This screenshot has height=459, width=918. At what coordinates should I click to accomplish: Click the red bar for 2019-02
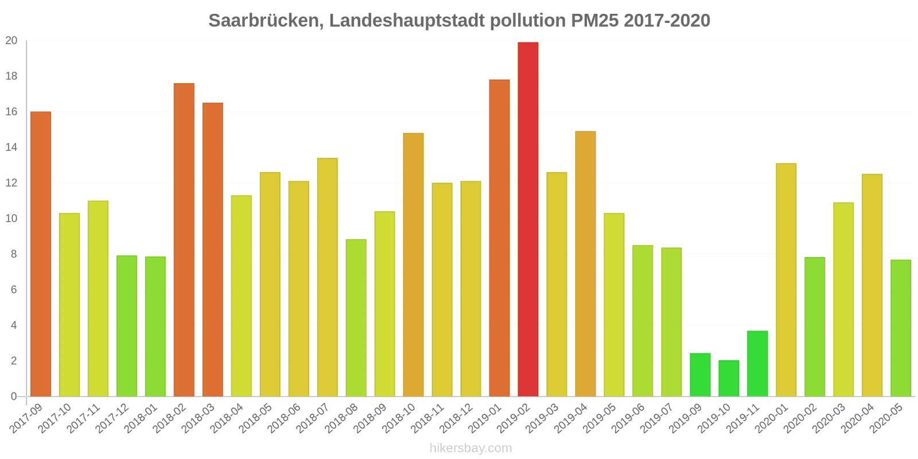tap(528, 219)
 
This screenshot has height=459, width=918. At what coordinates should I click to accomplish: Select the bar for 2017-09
tap(41, 254)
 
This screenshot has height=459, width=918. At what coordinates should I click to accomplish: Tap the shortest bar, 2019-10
tap(729, 379)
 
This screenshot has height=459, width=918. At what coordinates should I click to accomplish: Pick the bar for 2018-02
tap(184, 240)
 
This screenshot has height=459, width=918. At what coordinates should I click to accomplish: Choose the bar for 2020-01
tap(786, 280)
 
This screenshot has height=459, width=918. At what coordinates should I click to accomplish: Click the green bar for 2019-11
tap(757, 364)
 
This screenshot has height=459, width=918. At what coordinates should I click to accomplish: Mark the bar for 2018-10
tap(413, 265)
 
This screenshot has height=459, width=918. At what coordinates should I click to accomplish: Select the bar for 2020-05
tap(901, 328)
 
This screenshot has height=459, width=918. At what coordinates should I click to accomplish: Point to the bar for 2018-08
tap(356, 318)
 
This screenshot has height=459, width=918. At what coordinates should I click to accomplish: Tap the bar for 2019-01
tap(499, 238)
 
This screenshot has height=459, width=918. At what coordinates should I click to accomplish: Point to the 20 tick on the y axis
tap(11, 41)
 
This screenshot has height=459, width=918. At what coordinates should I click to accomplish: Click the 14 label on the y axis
tap(11, 147)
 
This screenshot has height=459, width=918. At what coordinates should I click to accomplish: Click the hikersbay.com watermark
tap(470, 448)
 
